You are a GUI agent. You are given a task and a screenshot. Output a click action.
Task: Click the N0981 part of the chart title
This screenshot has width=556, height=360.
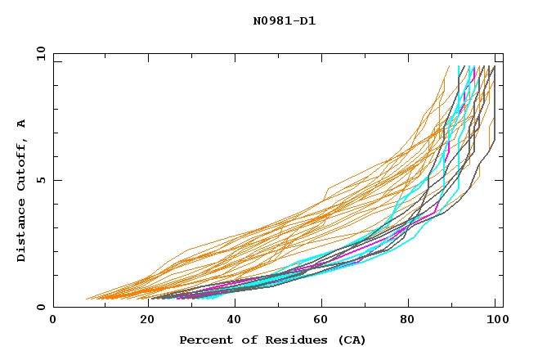(x=270, y=21)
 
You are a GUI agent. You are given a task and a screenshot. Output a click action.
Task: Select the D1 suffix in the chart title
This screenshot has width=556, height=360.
(x=307, y=21)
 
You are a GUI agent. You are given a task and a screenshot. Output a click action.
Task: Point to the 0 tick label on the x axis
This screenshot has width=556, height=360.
(x=54, y=320)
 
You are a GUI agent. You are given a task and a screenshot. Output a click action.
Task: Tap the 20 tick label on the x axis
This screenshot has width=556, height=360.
(x=142, y=320)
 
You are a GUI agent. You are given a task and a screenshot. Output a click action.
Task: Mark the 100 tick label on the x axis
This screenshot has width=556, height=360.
(x=495, y=320)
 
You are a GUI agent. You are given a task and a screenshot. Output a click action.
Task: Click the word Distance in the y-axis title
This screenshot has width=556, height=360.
(x=22, y=232)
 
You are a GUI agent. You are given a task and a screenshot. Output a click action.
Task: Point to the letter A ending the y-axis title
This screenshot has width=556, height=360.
(x=22, y=124)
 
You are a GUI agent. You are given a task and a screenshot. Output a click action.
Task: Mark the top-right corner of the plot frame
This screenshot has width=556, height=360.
(x=503, y=53)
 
